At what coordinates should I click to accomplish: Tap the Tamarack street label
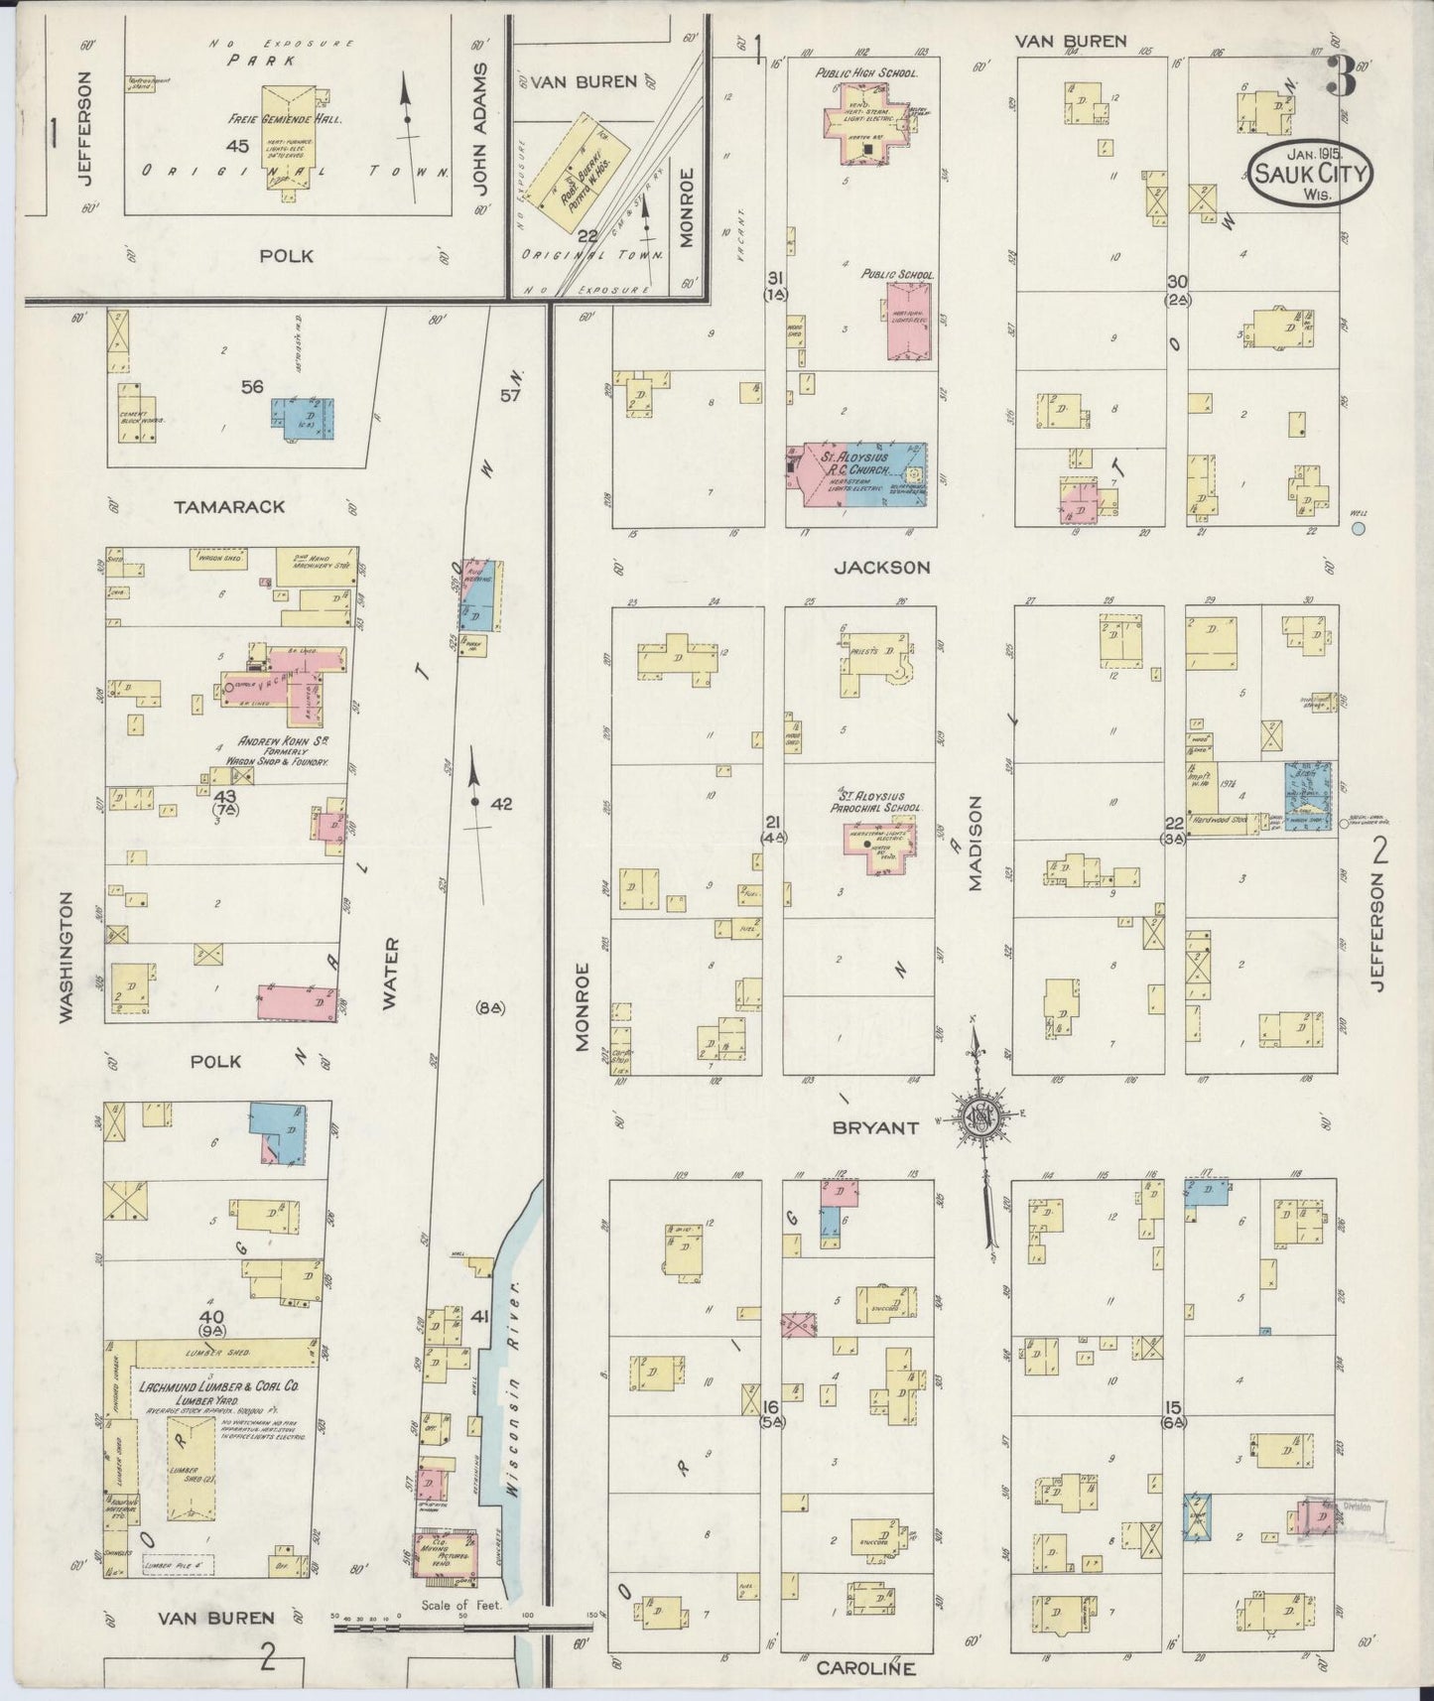click(229, 507)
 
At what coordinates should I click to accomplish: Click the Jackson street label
click(881, 567)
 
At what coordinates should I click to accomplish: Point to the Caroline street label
click(865, 1668)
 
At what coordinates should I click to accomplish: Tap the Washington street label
click(66, 956)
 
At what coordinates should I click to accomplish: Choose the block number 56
click(252, 387)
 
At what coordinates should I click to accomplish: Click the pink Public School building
click(909, 322)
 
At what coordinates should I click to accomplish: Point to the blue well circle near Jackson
click(1358, 529)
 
